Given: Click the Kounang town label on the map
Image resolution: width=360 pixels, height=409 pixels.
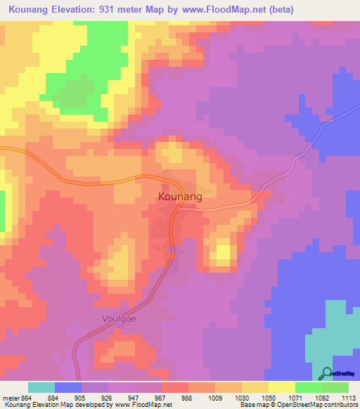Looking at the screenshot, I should point(180,197).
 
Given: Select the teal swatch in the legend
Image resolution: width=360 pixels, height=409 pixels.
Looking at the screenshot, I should point(41,387).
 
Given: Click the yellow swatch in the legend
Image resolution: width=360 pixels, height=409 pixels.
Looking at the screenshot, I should point(281,387).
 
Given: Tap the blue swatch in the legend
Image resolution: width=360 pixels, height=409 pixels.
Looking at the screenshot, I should point(68,387).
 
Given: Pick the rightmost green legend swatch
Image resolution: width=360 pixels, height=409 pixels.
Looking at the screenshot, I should point(335,387).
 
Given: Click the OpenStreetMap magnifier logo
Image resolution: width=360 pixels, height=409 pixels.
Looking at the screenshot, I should point(326,373).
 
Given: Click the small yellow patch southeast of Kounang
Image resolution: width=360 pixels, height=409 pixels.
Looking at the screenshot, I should point(224,252).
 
